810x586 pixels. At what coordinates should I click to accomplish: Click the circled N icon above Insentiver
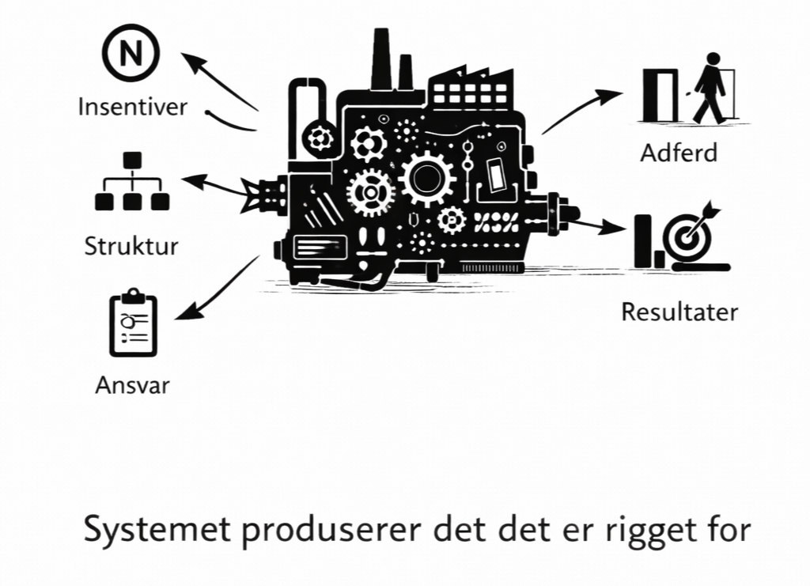(x=131, y=54)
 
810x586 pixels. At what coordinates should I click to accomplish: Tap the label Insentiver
(x=132, y=106)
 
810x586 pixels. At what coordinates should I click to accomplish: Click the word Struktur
(x=131, y=245)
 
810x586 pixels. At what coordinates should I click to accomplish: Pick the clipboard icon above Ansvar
(x=133, y=324)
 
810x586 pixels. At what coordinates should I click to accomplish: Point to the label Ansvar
(x=132, y=386)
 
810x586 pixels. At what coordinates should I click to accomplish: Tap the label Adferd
(x=679, y=152)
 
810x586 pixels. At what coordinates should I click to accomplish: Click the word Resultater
(x=679, y=312)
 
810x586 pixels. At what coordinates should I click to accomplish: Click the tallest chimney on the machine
(x=381, y=59)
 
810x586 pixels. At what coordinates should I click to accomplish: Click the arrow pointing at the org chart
(x=214, y=186)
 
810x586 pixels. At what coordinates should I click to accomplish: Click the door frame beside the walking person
(x=661, y=96)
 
